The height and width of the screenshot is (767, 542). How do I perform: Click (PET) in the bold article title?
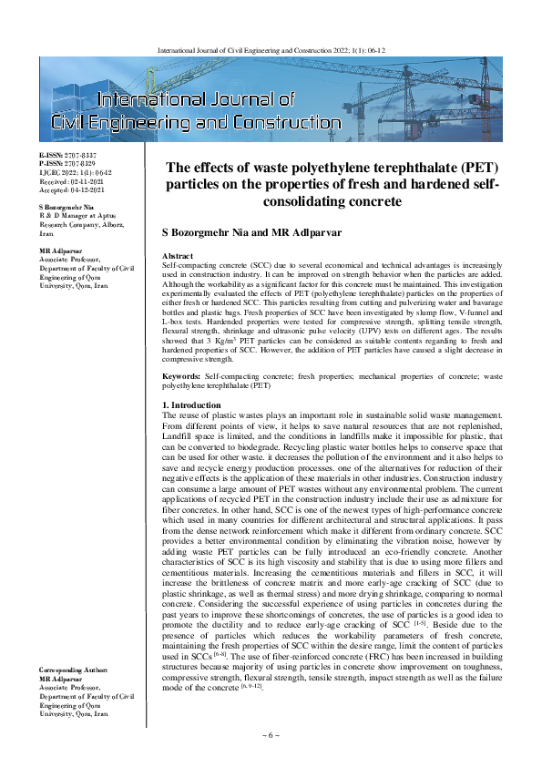(x=465, y=168)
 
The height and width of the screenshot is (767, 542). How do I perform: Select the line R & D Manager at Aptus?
(x=76, y=217)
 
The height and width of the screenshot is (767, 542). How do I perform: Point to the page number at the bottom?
(x=271, y=734)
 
